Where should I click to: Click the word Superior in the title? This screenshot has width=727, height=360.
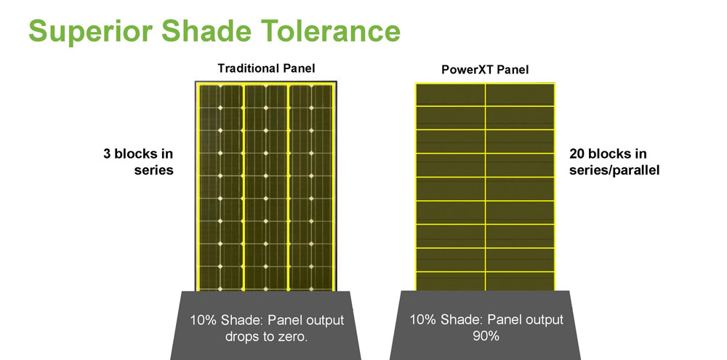tap(91, 32)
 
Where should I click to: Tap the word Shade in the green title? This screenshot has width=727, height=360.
tap(206, 31)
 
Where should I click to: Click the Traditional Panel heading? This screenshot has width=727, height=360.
tap(266, 68)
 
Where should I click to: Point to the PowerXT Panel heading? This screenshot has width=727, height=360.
tap(485, 70)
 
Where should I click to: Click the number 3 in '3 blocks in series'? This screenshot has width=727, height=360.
tap(107, 154)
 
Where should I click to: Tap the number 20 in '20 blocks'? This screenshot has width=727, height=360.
tap(577, 154)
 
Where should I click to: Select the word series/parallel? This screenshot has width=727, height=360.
tap(614, 170)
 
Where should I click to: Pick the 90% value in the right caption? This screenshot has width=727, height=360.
tap(486, 335)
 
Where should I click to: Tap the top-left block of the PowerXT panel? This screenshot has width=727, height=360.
tap(451, 95)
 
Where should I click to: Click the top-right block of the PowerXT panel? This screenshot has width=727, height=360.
tap(520, 95)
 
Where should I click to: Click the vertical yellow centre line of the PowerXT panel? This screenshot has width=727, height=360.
tap(486, 188)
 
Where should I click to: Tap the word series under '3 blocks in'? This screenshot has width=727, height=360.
tap(154, 170)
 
